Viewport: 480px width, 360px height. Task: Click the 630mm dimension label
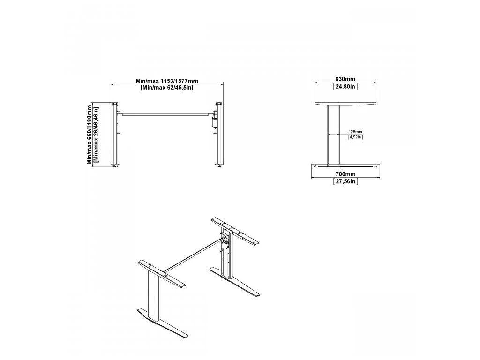[345, 79]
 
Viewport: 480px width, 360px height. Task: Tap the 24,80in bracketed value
[345, 87]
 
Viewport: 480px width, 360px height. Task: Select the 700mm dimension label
[345, 174]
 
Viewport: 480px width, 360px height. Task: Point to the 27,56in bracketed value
[345, 181]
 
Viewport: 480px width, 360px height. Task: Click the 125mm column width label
[355, 132]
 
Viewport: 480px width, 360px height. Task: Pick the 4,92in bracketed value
[355, 137]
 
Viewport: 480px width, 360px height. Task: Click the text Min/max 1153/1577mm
[167, 81]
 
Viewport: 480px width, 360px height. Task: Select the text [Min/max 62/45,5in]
[167, 88]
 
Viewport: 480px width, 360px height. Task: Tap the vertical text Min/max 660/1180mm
[89, 135]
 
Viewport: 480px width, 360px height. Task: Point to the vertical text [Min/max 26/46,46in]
[96, 135]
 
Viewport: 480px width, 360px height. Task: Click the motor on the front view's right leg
[215, 120]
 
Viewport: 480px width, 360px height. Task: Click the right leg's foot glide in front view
[219, 166]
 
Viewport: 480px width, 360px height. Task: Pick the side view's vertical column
[333, 135]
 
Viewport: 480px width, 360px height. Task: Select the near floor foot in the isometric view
[162, 323]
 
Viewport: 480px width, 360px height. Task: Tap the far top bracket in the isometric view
[236, 231]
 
